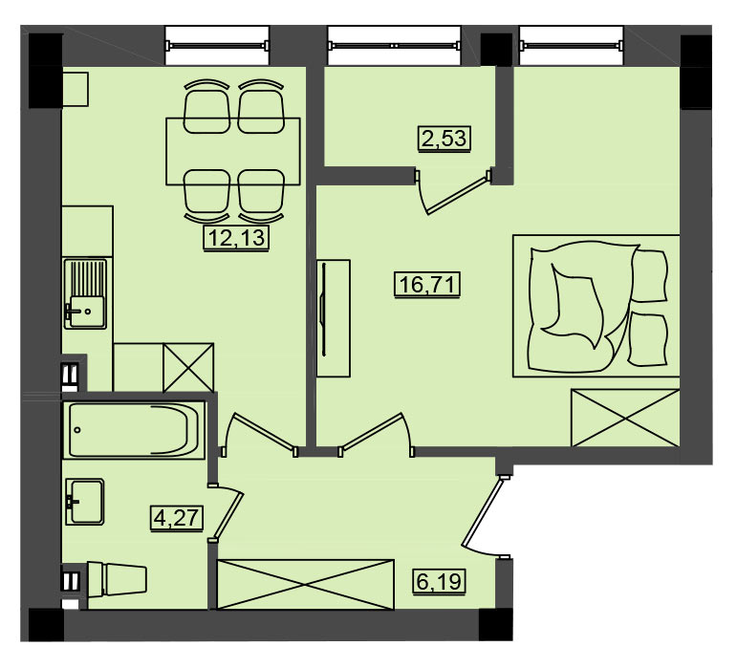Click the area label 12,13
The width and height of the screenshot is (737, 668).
[x=236, y=238]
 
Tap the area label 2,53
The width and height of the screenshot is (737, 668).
[x=444, y=139]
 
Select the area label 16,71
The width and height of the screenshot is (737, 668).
[x=426, y=284]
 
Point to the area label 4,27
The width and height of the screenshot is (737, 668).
[x=177, y=518]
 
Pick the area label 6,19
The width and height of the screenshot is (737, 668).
[x=440, y=581]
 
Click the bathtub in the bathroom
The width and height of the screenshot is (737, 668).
[x=134, y=430]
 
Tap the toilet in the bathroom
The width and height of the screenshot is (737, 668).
[x=117, y=580]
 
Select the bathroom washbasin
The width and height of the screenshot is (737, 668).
[x=85, y=502]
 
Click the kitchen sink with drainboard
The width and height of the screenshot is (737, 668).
[x=85, y=293]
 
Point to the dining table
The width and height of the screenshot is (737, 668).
[x=233, y=151]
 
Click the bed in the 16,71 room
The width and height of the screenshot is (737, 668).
[x=596, y=306]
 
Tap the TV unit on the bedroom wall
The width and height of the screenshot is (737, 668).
[x=334, y=318]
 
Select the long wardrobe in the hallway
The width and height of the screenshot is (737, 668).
[x=305, y=585]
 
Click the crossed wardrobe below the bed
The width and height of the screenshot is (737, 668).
[x=625, y=418]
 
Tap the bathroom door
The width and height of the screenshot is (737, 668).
[x=227, y=512]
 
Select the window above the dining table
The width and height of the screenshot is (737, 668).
[x=217, y=46]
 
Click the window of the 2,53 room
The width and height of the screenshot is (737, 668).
[x=395, y=46]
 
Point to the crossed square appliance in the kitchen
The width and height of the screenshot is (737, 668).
[x=188, y=367]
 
